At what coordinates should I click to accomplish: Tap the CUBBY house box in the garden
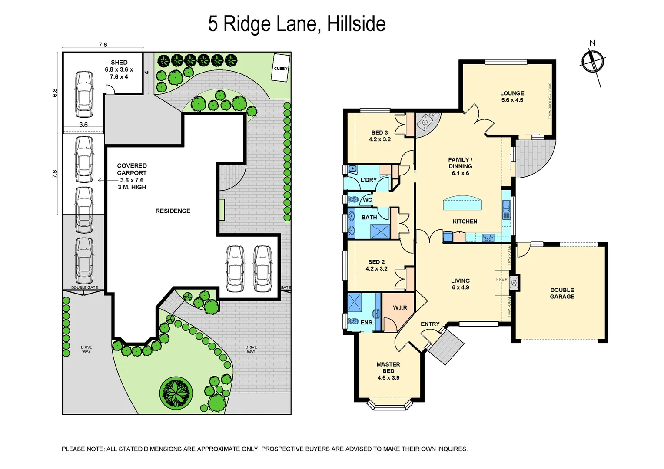[280, 68]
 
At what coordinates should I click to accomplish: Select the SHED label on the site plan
[119, 63]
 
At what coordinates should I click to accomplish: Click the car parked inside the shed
[84, 94]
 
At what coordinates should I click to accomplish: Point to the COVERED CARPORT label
[132, 169]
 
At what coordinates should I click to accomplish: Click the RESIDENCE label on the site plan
[173, 211]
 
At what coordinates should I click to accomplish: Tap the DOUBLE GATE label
[84, 287]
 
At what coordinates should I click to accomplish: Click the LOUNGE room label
[512, 93]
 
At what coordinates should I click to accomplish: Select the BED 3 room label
[379, 133]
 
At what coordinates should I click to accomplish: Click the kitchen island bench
[462, 203]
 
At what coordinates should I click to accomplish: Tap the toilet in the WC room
[353, 200]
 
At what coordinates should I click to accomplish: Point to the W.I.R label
[400, 307]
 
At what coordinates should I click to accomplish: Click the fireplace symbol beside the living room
[514, 284]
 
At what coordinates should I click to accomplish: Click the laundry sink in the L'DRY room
[352, 169]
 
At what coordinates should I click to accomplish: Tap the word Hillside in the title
[356, 24]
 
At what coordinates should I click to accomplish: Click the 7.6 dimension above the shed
[103, 45]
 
